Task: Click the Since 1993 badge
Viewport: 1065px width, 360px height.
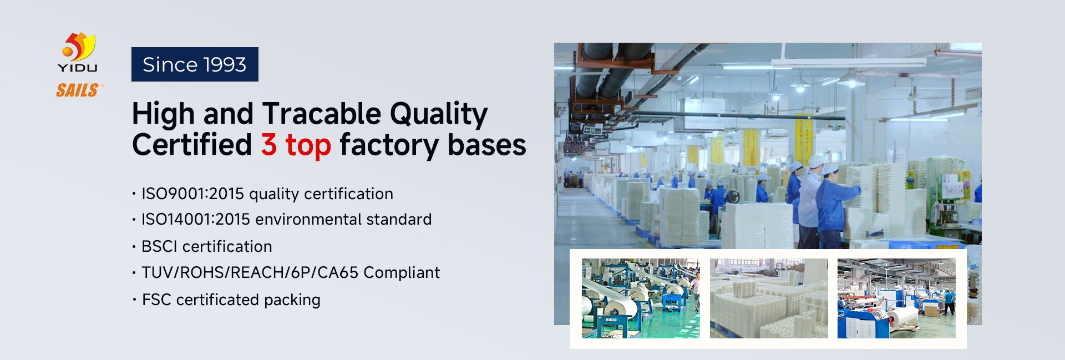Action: [195, 64]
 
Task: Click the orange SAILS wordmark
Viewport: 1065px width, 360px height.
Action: [78, 90]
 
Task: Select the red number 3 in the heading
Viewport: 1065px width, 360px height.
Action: [269, 144]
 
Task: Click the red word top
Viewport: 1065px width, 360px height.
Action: [308, 145]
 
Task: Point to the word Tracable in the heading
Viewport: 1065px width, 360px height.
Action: [321, 114]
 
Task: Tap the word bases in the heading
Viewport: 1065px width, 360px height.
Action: [486, 145]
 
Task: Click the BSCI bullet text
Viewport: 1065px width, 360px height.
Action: [207, 246]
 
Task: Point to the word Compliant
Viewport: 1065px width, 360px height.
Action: [402, 273]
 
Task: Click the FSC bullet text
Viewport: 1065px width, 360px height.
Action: [231, 300]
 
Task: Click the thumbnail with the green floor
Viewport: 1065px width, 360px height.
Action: [641, 298]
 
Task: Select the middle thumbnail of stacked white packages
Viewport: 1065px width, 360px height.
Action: [769, 298]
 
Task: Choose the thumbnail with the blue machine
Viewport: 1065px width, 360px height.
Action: [896, 298]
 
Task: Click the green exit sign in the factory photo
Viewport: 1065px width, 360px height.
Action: [592, 130]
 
